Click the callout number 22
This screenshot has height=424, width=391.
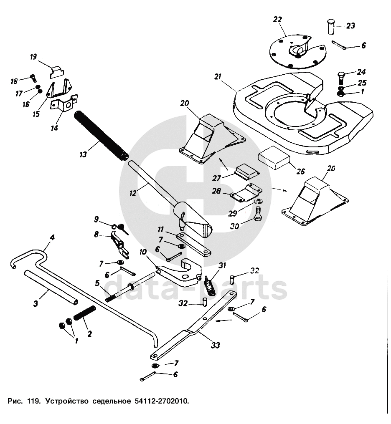277,19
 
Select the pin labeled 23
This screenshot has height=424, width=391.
331,28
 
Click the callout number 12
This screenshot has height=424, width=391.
133,194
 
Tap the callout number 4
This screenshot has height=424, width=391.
52,237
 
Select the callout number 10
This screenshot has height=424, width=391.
143,252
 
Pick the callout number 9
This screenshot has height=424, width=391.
96,219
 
